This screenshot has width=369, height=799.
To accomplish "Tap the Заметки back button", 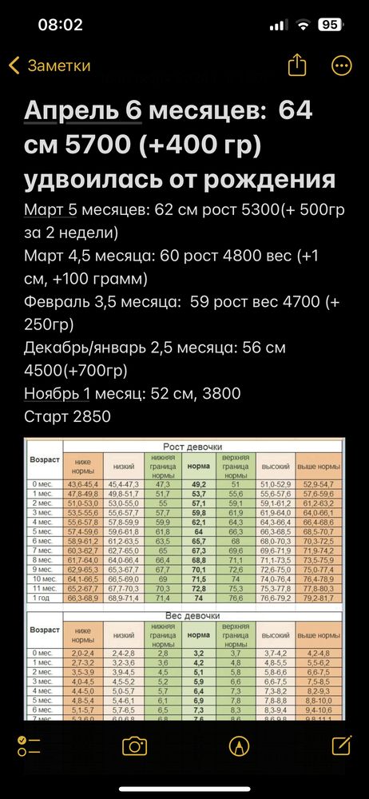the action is (50, 66).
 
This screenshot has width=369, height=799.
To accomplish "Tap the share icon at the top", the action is (297, 65).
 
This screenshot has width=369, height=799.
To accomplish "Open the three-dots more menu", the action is (342, 66).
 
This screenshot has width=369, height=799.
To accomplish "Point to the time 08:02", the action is (61, 25).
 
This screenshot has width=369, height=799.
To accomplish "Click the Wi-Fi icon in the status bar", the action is (302, 25).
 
